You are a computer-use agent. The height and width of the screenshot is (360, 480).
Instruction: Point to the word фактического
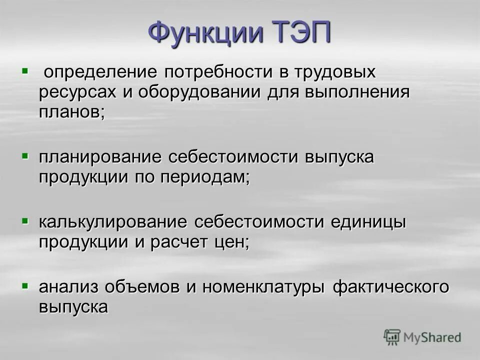[391, 287]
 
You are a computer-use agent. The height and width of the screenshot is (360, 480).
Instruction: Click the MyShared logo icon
[392, 338]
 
